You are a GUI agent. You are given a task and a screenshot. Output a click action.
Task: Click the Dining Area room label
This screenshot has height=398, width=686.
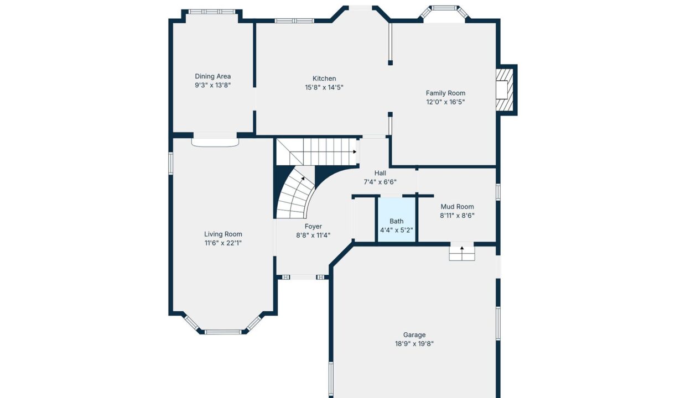click(213, 76)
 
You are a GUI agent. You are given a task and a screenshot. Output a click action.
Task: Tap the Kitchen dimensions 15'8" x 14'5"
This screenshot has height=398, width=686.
click(324, 87)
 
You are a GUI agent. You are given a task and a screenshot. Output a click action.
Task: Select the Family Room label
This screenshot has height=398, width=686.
click(445, 93)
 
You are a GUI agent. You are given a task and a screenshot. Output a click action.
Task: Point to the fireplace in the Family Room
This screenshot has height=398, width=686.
click(505, 90)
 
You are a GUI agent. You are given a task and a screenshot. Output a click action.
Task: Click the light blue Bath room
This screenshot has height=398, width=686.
click(396, 219)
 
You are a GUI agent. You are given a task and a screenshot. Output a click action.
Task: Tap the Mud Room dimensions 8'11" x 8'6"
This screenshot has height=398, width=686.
click(457, 216)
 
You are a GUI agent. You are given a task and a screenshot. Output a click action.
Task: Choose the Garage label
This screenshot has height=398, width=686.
click(414, 334)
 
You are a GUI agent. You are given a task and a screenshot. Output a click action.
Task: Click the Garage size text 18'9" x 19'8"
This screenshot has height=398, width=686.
click(414, 343)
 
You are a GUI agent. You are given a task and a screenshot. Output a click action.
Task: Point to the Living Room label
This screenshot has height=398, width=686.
click(223, 234)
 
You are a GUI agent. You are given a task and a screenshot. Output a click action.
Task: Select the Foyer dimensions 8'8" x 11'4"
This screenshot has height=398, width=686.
click(313, 235)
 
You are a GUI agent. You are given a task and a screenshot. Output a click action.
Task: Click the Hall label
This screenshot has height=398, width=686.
click(380, 173)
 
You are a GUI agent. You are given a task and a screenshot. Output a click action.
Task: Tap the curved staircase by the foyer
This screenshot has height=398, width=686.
click(295, 196)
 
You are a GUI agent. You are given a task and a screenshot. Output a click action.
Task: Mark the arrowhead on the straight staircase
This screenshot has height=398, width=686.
click(355, 151)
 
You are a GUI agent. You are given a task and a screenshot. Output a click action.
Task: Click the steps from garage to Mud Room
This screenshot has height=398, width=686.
click(462, 253)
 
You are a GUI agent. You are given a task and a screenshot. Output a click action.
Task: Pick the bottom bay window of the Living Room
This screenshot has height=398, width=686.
click(223, 332)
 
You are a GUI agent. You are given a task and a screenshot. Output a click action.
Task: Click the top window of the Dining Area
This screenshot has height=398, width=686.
click(212, 12)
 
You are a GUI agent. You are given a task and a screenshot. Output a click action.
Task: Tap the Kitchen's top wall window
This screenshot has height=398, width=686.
click(294, 21)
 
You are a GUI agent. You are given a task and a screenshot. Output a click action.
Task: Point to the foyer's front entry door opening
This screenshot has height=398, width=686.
click(303, 277)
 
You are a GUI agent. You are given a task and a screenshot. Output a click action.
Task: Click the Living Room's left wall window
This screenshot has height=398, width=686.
click(170, 164)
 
